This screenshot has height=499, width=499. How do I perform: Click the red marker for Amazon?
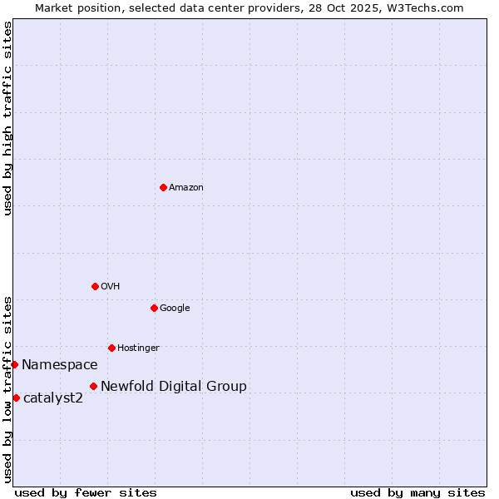163,187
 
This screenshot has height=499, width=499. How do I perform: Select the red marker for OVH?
95,286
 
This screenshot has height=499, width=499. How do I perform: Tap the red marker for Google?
154,308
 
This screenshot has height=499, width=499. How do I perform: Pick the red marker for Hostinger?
111,348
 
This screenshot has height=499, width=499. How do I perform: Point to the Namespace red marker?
14,364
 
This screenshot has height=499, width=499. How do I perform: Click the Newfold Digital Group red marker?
93,386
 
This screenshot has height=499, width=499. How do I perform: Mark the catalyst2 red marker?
16,398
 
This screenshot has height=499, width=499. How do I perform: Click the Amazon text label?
186,188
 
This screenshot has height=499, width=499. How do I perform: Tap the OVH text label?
111,287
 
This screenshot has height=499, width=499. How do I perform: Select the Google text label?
175,309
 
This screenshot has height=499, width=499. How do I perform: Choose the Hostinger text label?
138,348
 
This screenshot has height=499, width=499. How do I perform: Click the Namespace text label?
60,365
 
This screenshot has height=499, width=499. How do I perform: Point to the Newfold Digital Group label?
174,387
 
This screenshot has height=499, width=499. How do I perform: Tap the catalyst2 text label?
53,398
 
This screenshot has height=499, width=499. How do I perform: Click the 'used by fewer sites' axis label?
86,493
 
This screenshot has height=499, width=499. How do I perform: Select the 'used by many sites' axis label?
417,493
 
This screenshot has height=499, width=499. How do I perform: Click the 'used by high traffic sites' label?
7,118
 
